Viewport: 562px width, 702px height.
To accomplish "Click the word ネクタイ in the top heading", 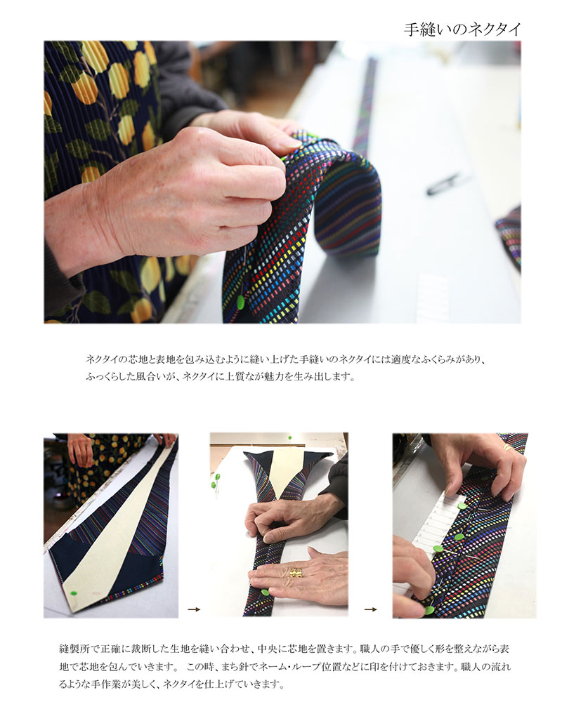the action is pyautogui.click(x=495, y=29).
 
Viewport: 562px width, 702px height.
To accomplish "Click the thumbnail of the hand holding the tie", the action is pyautogui.click(x=282, y=183).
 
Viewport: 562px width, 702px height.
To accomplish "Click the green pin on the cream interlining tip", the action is pyautogui.click(x=74, y=593).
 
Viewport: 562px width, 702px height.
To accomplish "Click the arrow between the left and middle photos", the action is pyautogui.click(x=194, y=609).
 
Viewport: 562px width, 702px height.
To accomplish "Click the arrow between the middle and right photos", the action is pyautogui.click(x=370, y=609).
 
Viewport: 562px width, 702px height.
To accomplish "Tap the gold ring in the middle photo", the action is pyautogui.click(x=296, y=573).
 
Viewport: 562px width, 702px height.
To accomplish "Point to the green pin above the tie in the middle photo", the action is pyautogui.click(x=289, y=437).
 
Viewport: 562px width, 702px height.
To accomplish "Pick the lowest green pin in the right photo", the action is pyautogui.click(x=429, y=610).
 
